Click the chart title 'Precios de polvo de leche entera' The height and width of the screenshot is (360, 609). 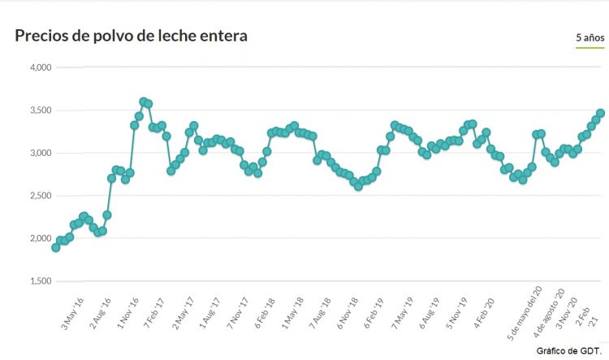pos(131,36)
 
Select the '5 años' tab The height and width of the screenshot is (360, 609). pos(590,38)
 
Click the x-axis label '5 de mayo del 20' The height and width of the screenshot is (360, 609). pos(526,319)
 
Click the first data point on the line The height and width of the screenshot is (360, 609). pos(55,247)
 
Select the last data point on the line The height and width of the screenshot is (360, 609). pos(601,113)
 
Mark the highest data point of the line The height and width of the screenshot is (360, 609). pos(144,102)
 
